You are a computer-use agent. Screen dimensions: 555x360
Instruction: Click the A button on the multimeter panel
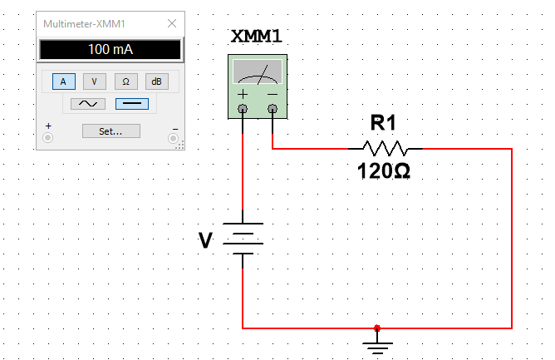64,81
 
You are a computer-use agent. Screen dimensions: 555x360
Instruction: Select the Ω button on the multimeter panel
125,81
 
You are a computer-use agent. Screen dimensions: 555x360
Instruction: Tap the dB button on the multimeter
157,81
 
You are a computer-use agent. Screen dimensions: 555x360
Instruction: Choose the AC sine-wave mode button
88,104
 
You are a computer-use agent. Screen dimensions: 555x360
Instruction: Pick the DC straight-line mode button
132,104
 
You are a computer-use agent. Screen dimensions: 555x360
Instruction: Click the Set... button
111,131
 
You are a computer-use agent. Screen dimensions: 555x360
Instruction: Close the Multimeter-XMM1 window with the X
172,23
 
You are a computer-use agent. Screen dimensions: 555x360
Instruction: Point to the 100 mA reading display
110,49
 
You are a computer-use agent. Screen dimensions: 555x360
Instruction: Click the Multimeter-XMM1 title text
84,24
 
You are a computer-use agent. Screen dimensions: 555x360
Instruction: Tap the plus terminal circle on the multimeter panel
48,137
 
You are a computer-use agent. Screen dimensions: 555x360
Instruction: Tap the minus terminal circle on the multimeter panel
173,138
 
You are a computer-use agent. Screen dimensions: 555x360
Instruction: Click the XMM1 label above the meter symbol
256,36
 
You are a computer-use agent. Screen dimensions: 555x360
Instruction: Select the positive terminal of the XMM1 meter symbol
243,108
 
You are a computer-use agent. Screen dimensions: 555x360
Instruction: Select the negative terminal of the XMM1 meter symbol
273,108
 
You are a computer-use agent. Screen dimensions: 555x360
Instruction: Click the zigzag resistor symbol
386,149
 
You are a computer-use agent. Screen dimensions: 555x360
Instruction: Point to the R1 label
383,122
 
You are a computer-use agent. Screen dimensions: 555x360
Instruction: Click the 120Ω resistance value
384,170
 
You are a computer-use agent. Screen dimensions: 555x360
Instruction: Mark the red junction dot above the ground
377,328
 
